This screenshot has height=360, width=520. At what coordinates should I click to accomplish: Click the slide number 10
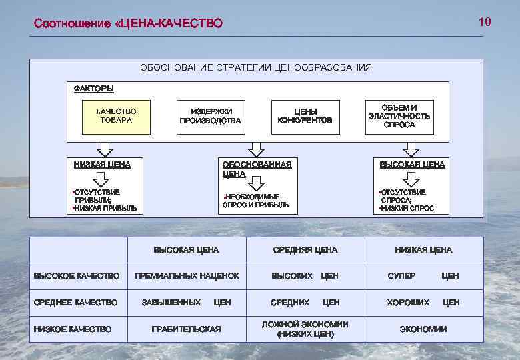pyautogui.click(x=485, y=22)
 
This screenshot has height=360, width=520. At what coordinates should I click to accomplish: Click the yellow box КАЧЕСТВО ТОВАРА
pyautogui.click(x=116, y=116)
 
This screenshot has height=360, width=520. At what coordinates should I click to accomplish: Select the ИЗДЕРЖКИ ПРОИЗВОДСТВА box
pyautogui.click(x=210, y=116)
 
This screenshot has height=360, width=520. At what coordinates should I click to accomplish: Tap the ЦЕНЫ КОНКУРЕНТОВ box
pyautogui.click(x=305, y=116)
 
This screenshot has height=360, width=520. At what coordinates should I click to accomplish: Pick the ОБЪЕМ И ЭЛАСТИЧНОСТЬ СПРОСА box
pyautogui.click(x=399, y=116)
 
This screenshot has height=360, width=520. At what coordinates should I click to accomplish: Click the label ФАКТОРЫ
pyautogui.click(x=93, y=88)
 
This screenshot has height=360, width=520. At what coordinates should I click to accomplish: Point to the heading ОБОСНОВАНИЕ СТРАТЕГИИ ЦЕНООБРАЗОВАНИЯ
pyautogui.click(x=256, y=67)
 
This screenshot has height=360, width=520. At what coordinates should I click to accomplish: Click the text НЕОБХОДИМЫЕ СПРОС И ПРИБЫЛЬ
pyautogui.click(x=257, y=201)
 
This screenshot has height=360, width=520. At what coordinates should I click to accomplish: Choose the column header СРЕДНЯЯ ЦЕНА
pyautogui.click(x=305, y=250)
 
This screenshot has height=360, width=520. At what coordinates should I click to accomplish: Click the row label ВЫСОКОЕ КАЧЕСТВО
pyautogui.click(x=77, y=275)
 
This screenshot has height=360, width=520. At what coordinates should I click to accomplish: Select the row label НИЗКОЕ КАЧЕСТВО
pyautogui.click(x=73, y=329)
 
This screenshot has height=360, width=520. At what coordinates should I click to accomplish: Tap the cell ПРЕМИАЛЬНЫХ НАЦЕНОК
pyautogui.click(x=187, y=275)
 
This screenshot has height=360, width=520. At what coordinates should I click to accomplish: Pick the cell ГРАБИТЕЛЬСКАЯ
pyautogui.click(x=186, y=329)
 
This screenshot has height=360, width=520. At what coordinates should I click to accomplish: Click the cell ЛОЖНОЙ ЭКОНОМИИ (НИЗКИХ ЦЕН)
pyautogui.click(x=305, y=329)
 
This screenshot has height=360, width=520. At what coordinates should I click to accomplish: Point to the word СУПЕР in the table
pyautogui.click(x=402, y=275)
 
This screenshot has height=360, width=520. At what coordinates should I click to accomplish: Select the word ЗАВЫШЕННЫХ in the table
pyautogui.click(x=171, y=303)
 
